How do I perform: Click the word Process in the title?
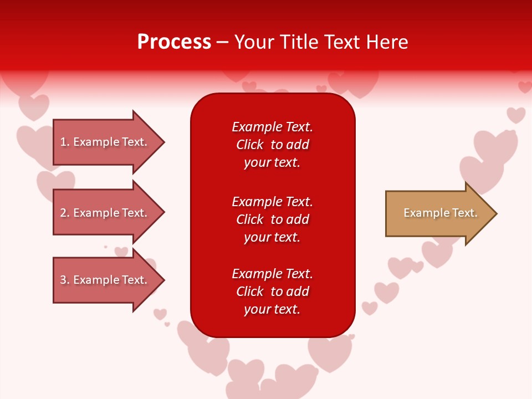click(174, 42)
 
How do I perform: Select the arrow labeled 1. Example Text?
click(105, 142)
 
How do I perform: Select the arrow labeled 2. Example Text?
click(105, 213)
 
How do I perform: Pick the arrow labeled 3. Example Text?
click(105, 280)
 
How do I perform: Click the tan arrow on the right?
click(438, 213)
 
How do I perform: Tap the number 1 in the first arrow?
click(63, 142)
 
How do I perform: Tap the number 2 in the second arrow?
click(63, 213)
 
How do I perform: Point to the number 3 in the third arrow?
click(63, 280)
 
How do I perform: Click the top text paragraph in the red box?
click(272, 145)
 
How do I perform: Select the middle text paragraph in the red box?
click(272, 219)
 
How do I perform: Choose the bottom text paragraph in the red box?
click(272, 291)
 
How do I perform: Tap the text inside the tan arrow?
click(440, 213)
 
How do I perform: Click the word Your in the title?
click(253, 42)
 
